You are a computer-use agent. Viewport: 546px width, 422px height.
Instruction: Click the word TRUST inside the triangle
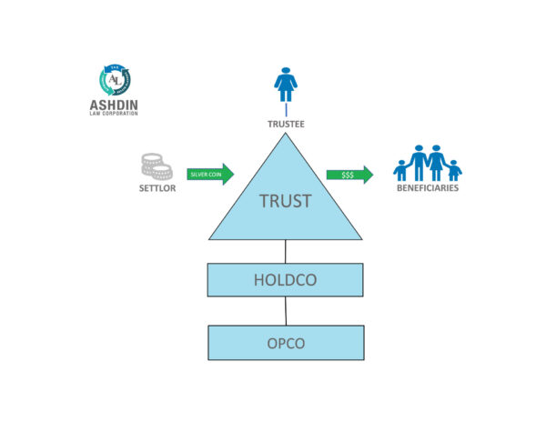click(285, 201)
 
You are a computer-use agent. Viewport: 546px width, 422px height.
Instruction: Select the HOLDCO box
click(285, 280)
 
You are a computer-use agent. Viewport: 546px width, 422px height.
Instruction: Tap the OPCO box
click(286, 343)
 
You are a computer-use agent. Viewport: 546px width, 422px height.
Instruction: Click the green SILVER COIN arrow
click(210, 175)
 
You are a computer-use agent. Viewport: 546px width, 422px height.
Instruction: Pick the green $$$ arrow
click(349, 175)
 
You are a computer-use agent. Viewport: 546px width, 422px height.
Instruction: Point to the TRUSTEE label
click(286, 125)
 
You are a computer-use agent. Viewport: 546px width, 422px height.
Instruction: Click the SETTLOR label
click(157, 188)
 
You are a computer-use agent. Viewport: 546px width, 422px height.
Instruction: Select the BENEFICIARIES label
click(428, 188)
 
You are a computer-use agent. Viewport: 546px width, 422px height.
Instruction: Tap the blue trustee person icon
click(286, 85)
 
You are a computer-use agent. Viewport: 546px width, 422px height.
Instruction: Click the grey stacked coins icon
click(157, 166)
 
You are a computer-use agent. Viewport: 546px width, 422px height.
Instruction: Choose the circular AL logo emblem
click(115, 80)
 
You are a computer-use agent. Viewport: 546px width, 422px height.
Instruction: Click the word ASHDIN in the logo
click(114, 105)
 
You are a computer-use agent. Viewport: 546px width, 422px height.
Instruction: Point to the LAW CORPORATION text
click(114, 114)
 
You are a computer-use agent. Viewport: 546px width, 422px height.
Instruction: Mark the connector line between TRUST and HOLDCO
click(285, 252)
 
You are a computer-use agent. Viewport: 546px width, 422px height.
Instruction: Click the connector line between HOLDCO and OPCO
click(286, 311)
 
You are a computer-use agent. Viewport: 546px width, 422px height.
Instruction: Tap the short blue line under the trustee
click(287, 110)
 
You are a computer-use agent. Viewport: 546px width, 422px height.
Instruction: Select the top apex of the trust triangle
click(285, 134)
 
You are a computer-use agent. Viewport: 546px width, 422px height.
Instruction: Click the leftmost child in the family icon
click(400, 170)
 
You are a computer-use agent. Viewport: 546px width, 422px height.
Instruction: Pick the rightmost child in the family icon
click(454, 170)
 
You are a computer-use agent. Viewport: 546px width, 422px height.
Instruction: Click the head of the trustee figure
click(286, 71)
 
